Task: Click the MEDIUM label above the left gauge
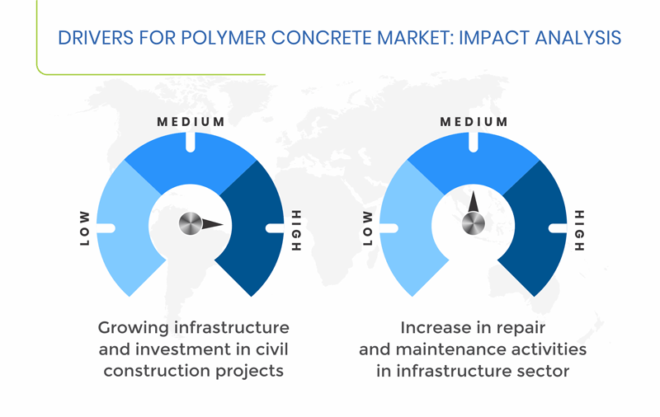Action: [x=191, y=122]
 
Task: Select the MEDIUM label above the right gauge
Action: [x=474, y=122]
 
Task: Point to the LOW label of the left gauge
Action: [x=85, y=228]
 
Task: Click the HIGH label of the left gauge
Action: [x=296, y=231]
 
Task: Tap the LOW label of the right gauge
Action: [x=367, y=228]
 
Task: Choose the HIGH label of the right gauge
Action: [x=580, y=231]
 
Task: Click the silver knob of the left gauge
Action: [x=191, y=223]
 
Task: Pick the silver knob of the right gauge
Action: [x=473, y=223]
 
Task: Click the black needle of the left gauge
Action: [x=213, y=223]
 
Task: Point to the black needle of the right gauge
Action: [x=474, y=202]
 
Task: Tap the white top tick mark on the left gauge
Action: [x=191, y=142]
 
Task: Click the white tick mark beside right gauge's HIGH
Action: [x=558, y=228]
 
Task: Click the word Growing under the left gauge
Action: [x=134, y=328]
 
